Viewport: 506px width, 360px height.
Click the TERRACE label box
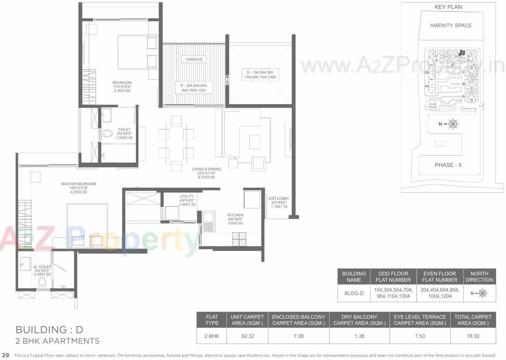point(194,59)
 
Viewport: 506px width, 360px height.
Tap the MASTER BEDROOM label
point(79,184)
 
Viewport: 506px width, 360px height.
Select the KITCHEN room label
point(235,215)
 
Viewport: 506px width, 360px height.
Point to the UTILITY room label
point(187,196)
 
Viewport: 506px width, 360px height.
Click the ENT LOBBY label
point(278,199)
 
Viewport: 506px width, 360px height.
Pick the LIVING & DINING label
point(206,169)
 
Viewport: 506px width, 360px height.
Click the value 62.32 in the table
point(247,336)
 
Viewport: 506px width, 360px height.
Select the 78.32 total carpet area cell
point(473,336)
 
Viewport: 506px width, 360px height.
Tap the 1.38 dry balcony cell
point(359,336)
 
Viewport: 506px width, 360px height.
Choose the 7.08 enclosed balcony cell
point(299,336)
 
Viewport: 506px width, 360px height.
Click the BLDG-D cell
point(354,293)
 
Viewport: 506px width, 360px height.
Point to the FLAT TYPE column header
point(212,320)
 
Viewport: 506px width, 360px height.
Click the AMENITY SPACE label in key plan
point(451,25)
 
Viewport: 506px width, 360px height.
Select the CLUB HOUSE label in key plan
point(432,105)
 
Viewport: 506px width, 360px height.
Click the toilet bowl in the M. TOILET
point(42,282)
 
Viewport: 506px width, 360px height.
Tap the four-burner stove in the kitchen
point(239,239)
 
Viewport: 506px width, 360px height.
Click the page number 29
point(5,356)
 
